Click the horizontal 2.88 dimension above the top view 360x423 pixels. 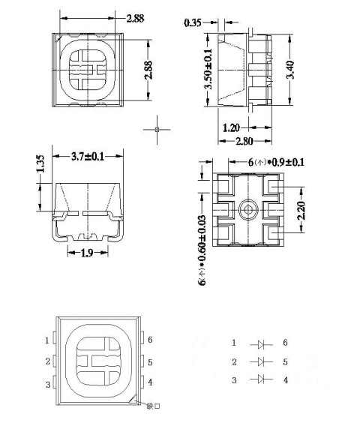(135, 17)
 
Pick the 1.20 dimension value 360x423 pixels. (232, 127)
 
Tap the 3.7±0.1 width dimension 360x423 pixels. (88, 157)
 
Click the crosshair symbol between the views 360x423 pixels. (157, 129)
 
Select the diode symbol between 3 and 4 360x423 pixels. (262, 380)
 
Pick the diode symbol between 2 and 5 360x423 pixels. (262, 362)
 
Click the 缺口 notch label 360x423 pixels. (154, 407)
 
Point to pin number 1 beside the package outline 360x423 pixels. (47, 340)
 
